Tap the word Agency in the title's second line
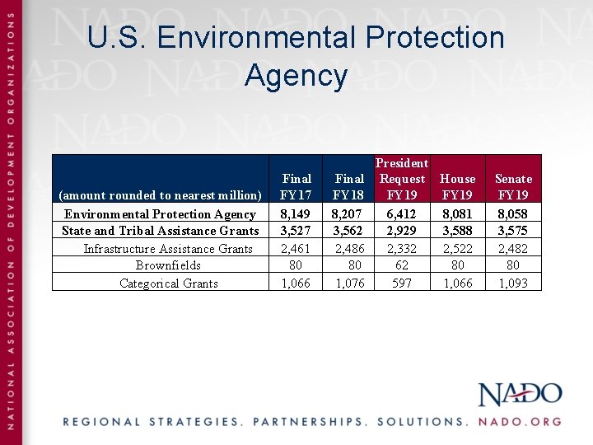(x=296, y=76)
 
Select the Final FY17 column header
(x=296, y=187)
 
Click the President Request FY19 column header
(x=402, y=179)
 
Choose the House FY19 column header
(x=458, y=187)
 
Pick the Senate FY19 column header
(x=513, y=187)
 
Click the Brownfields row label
(x=168, y=265)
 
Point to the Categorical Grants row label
(x=168, y=283)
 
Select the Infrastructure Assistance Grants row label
(x=168, y=249)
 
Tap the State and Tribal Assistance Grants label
(x=161, y=231)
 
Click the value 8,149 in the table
(x=296, y=214)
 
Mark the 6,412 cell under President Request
(x=402, y=214)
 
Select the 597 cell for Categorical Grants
(x=402, y=283)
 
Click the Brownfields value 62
(x=402, y=265)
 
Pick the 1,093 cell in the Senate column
(x=513, y=283)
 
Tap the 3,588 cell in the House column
(x=458, y=231)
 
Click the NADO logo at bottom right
(x=520, y=394)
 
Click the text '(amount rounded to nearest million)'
(x=160, y=195)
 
